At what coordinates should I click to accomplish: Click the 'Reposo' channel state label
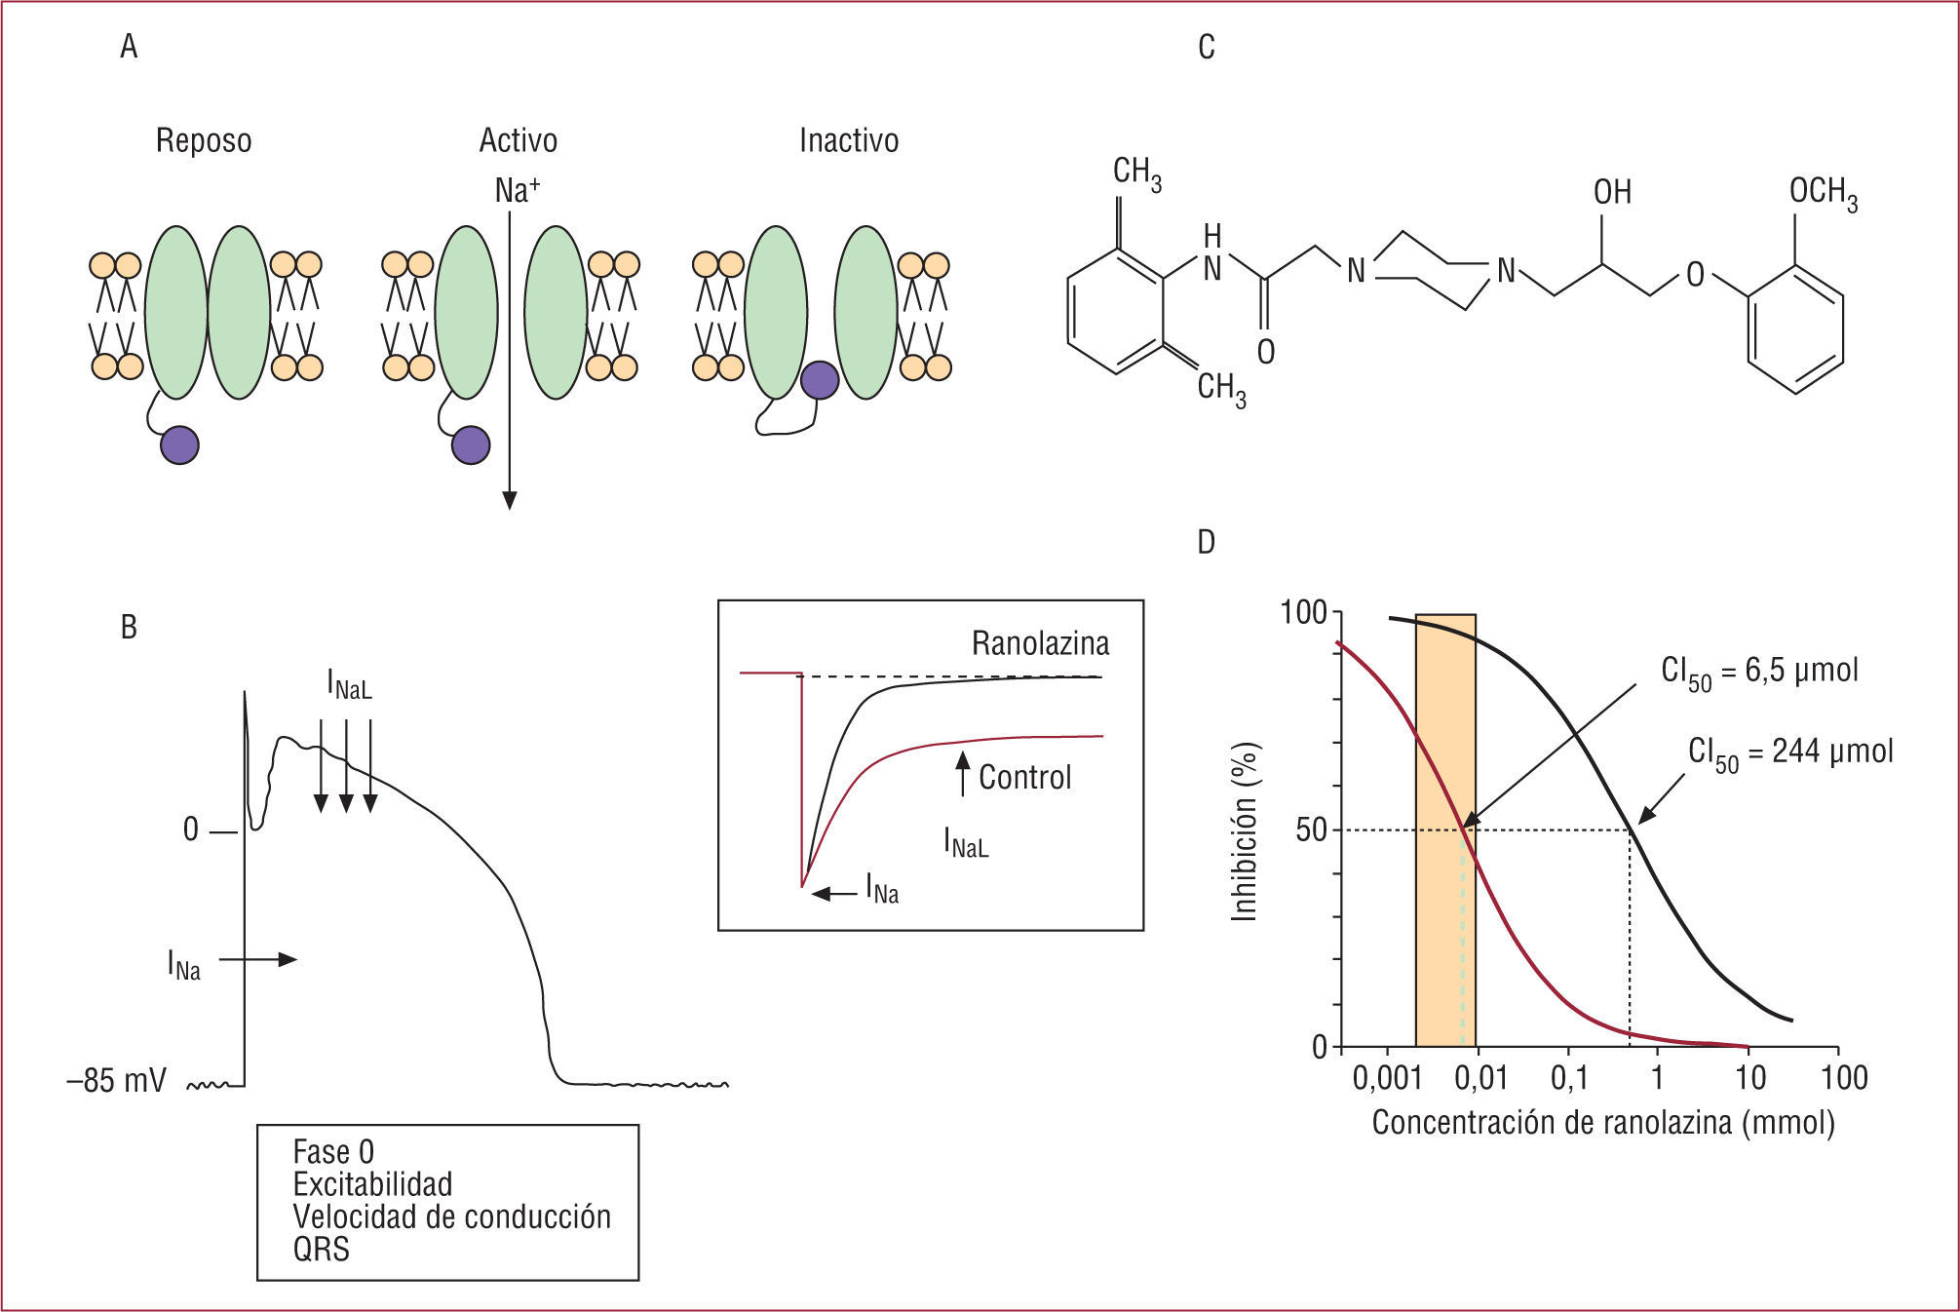point(204,141)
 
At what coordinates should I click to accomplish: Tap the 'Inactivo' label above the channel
point(848,141)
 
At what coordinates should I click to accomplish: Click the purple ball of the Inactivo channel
point(819,380)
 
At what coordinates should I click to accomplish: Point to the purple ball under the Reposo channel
point(179,444)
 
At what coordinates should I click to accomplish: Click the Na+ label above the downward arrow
point(517,190)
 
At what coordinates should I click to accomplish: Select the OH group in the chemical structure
point(1612,192)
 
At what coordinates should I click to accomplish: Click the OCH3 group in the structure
point(1823,192)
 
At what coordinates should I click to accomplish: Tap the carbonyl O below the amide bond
point(1265,352)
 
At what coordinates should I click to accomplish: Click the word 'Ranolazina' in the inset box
point(1040,643)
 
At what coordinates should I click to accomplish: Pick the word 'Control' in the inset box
point(1024,777)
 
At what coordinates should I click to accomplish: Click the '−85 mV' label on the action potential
point(116,1081)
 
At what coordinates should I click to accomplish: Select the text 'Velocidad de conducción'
point(451,1216)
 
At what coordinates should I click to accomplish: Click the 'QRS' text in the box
point(321,1249)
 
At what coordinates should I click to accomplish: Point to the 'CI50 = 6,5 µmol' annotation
point(1759,672)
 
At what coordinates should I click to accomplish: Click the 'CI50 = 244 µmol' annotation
point(1790,752)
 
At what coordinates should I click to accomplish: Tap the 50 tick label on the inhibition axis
point(1311,830)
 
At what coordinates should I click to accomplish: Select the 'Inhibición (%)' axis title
point(1245,831)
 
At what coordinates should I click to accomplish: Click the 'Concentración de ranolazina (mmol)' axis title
point(1602,1123)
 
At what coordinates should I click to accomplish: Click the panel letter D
point(1207,543)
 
